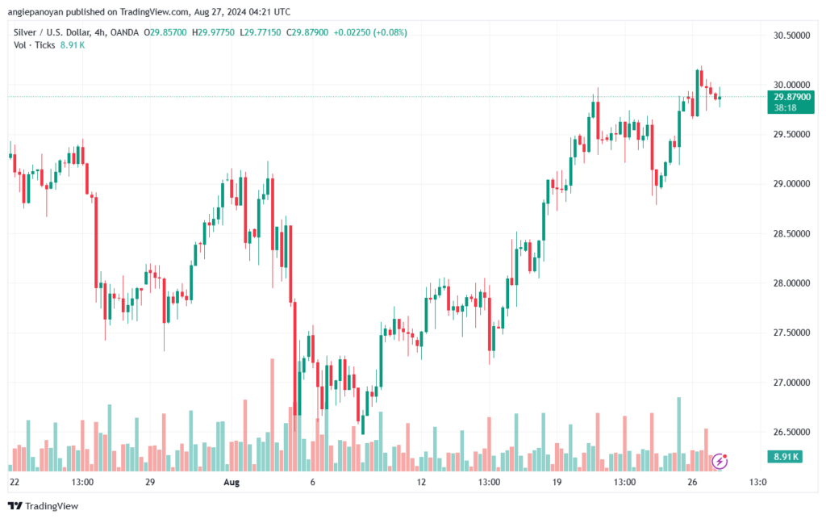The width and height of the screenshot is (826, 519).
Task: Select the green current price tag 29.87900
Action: tap(791, 97)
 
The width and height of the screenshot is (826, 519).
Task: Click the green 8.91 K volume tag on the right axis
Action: tap(784, 457)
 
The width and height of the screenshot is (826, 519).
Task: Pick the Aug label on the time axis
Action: tap(232, 482)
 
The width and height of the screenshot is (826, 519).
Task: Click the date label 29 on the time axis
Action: tap(149, 482)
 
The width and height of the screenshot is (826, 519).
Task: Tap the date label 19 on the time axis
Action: tap(557, 482)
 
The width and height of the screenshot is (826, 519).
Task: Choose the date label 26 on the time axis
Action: tap(691, 482)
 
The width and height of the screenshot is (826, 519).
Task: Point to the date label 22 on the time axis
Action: tap(15, 482)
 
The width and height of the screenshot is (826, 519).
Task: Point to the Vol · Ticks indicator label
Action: tap(35, 44)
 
